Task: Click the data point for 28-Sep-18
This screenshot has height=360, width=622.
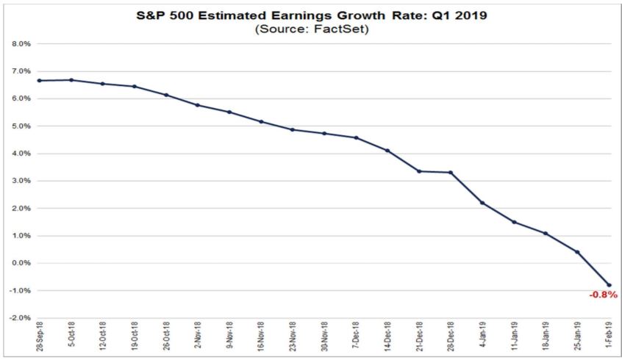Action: point(38,80)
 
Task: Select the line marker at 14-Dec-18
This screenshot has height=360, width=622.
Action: point(387,151)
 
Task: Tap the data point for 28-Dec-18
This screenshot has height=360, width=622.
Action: point(450,173)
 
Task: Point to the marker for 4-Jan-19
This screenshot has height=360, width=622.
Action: point(482,203)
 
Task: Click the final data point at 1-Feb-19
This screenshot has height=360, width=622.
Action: point(609,285)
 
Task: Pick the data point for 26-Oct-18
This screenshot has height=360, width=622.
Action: point(165,95)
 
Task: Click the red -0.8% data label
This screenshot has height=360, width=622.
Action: point(603,295)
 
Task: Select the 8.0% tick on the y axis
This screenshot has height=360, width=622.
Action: point(19,43)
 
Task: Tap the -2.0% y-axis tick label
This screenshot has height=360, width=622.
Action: point(18,318)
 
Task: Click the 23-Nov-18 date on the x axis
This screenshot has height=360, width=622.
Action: point(293,340)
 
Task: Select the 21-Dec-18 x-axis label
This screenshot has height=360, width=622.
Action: point(419,340)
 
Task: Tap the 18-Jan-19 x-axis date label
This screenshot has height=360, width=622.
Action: point(546,340)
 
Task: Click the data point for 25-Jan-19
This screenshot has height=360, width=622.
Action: point(577,252)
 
